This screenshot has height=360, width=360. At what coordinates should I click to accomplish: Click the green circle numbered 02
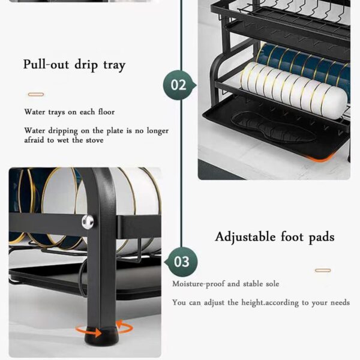[x=179, y=85]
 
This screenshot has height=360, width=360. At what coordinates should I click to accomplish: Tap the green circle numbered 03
[x=182, y=262]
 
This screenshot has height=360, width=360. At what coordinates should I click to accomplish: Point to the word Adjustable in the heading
[x=246, y=236]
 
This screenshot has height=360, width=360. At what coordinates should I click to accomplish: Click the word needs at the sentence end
[x=337, y=302]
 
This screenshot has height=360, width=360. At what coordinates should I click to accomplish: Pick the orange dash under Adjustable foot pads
[x=323, y=271]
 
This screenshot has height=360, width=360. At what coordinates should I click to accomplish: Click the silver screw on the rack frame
[x=88, y=221]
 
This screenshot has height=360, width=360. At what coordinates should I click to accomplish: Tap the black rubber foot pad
[x=94, y=332]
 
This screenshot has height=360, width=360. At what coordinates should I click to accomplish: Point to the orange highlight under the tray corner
[x=317, y=158]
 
